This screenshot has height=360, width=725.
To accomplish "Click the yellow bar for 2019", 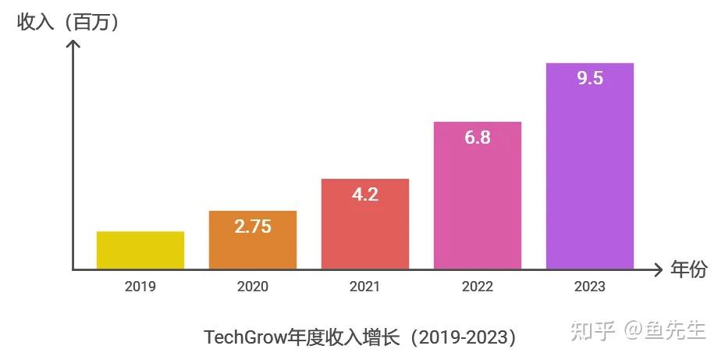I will click(x=140, y=250).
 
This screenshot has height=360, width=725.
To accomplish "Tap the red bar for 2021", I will click(x=365, y=234).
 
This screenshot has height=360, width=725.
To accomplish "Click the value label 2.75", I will click(x=253, y=226).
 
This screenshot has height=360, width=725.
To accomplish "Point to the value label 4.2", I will click(x=365, y=194).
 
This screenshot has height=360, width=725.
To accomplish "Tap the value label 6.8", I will click(x=478, y=137).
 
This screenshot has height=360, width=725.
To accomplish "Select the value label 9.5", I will click(x=590, y=78).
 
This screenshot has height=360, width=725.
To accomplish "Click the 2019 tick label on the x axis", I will click(x=140, y=287).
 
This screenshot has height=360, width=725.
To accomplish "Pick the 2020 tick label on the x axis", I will click(x=253, y=287).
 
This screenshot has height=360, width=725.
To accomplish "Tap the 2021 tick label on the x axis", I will click(x=365, y=287).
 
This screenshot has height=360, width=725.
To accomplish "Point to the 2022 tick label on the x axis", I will click(x=478, y=287).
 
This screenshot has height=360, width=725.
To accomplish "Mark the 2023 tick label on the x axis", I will click(x=590, y=287).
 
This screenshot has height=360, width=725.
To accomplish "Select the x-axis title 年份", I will click(x=689, y=270).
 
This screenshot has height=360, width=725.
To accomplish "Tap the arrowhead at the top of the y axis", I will click(x=73, y=45).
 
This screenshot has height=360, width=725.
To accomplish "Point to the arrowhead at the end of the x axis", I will click(x=659, y=270).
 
